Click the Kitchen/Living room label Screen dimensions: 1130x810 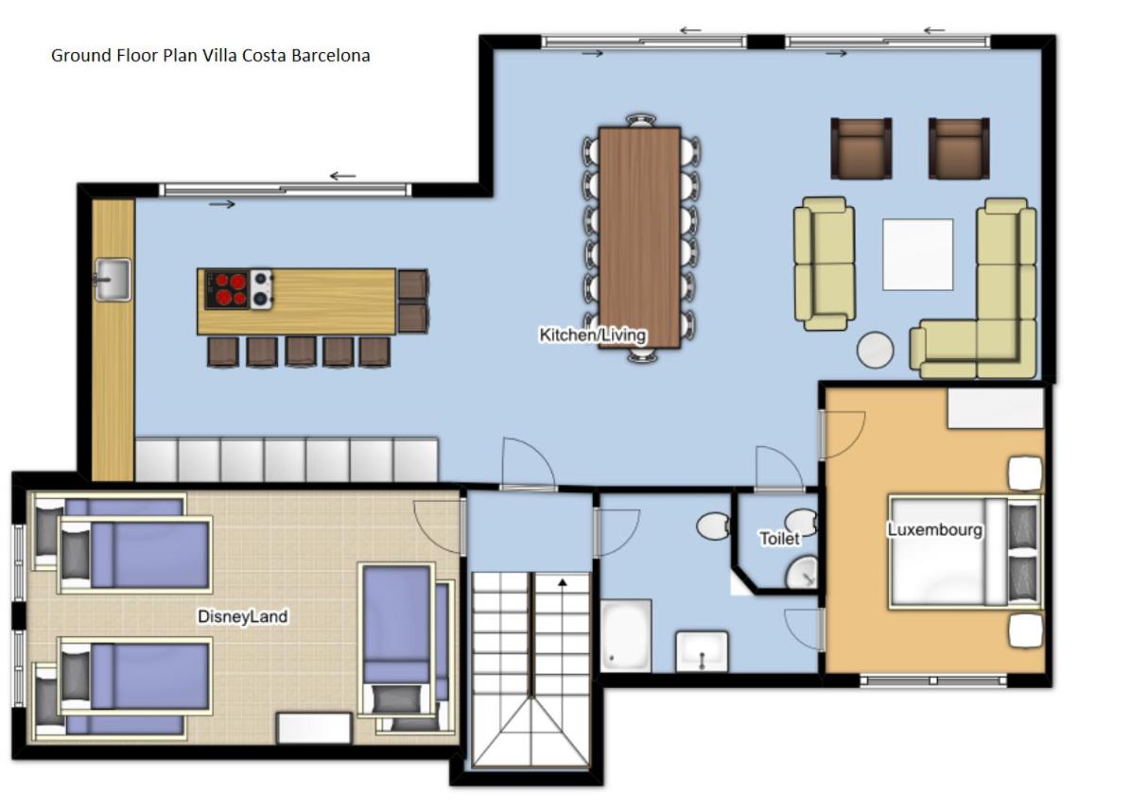click(x=592, y=335)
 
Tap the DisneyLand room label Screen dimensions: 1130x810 click(x=243, y=616)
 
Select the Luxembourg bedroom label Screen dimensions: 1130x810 click(x=934, y=529)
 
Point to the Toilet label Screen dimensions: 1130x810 click(x=779, y=539)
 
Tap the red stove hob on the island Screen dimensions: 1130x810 click(x=227, y=289)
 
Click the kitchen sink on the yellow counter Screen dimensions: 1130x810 click(x=113, y=279)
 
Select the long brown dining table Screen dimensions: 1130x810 click(x=639, y=237)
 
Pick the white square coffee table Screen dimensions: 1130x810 click(x=917, y=254)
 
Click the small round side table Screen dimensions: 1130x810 click(x=875, y=350)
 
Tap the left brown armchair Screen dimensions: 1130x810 click(x=861, y=148)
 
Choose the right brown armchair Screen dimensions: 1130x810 click(x=959, y=148)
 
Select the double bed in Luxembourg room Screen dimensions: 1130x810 click(x=965, y=551)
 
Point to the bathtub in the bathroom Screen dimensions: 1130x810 click(x=626, y=635)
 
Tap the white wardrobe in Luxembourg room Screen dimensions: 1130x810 click(x=995, y=408)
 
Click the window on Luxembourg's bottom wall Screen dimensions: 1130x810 click(x=933, y=680)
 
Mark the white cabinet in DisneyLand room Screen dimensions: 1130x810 click(x=314, y=728)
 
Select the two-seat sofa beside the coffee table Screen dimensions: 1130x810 click(x=825, y=264)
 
